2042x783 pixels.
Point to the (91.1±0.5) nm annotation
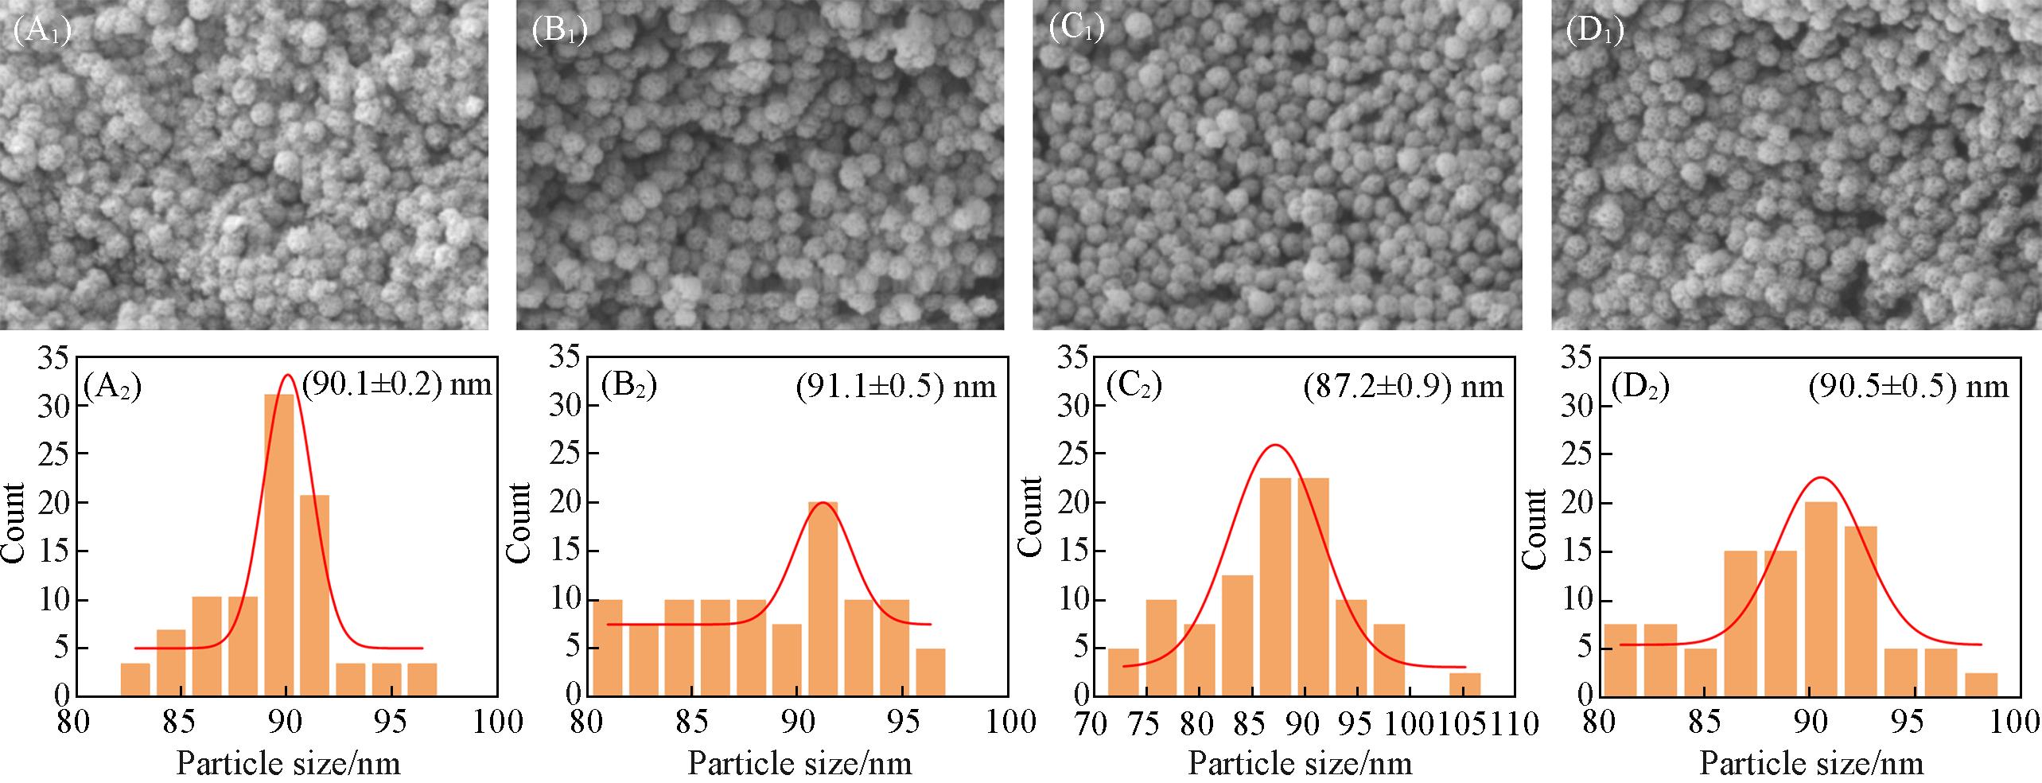click(895, 386)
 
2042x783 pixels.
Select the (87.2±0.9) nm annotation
click(1404, 386)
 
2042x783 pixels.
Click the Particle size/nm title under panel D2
click(1811, 764)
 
